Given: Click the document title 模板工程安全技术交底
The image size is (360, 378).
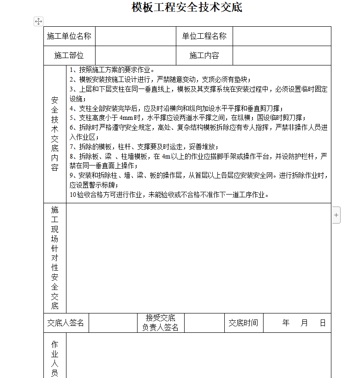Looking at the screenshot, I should pyautogui.click(x=186, y=8).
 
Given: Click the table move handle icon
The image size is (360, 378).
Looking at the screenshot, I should pyautogui.click(x=38, y=21).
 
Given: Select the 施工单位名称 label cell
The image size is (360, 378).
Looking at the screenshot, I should pyautogui.click(x=69, y=36).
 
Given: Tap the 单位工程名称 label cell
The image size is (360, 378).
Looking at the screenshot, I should pyautogui.click(x=204, y=36).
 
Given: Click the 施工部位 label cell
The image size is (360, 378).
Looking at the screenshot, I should pyautogui.click(x=69, y=56).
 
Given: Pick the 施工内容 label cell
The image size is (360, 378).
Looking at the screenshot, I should pyautogui.click(x=204, y=56).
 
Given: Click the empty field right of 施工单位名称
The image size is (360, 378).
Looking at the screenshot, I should pyautogui.click(x=135, y=36).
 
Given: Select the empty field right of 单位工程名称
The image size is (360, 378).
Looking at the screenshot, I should pyautogui.click(x=282, y=36).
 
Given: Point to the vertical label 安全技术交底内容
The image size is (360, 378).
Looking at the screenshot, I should pyautogui.click(x=55, y=133).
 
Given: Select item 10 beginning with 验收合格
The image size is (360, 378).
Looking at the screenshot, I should pyautogui.click(x=169, y=195).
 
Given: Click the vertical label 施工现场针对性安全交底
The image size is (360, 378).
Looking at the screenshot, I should pyautogui.click(x=55, y=257).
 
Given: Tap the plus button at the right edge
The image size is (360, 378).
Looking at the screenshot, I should pyautogui.click(x=336, y=215).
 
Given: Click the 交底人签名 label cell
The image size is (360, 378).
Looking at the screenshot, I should pyautogui.click(x=66, y=323).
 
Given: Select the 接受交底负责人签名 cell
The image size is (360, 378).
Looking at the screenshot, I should pyautogui.click(x=160, y=323).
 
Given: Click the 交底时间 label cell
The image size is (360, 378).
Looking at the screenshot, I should pyautogui.click(x=243, y=323).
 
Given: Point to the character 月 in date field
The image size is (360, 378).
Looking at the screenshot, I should pyautogui.click(x=304, y=323).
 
